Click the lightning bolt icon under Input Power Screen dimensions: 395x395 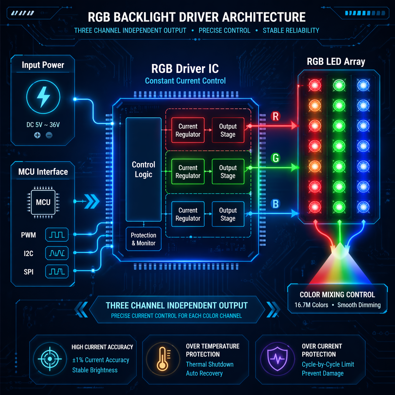click(43, 97)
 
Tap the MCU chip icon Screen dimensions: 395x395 click(43, 202)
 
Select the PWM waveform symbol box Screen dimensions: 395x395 click(57, 235)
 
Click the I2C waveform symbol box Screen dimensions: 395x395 click(57, 253)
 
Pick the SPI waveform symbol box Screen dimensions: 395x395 click(57, 272)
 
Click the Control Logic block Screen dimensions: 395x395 click(144, 169)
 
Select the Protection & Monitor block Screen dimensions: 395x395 click(144, 239)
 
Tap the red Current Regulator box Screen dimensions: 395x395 click(188, 130)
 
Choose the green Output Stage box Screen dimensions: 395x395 click(228, 172)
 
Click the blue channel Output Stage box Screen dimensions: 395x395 click(228, 214)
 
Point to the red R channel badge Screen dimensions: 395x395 click(276, 117)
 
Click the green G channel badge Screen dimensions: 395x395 click(276, 158)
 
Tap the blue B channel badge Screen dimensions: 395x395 click(276, 204)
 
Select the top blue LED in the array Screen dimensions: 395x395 click(363, 85)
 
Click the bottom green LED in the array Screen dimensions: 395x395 click(339, 207)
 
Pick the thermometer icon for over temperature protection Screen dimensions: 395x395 click(163, 359)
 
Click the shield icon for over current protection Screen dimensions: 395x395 click(278, 359)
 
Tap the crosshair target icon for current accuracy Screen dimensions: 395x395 click(50, 359)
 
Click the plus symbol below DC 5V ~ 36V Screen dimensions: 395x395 click(37, 135)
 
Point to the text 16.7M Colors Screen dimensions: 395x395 click(311, 305)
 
